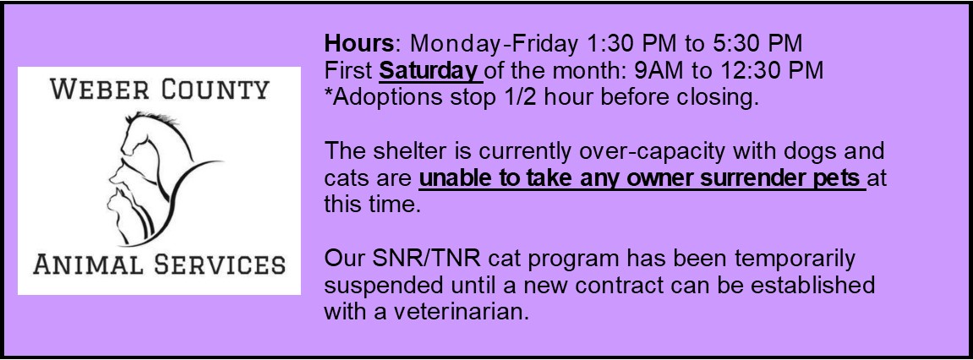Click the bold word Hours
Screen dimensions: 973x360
[x=358, y=43]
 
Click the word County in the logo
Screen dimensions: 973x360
[x=216, y=90]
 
